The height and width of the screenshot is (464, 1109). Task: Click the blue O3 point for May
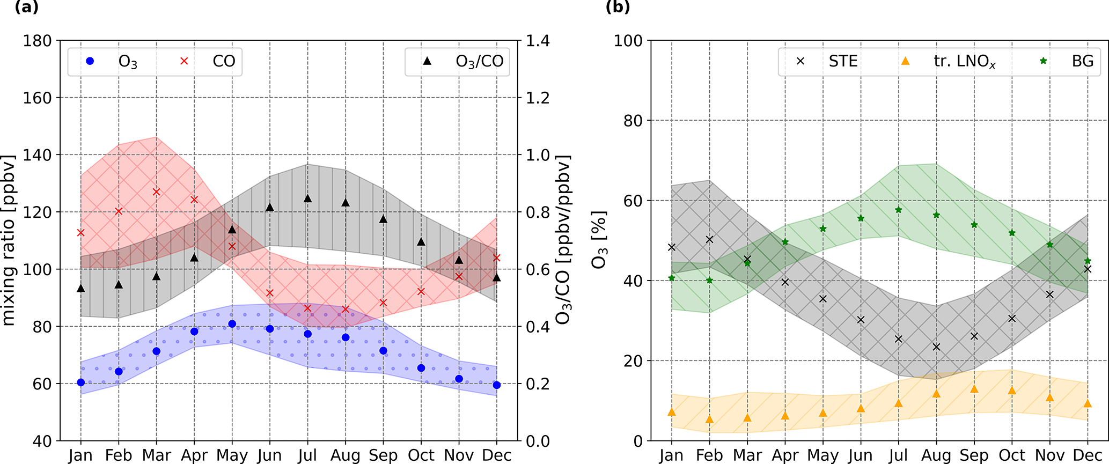232,324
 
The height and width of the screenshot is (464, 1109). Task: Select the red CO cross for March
157,192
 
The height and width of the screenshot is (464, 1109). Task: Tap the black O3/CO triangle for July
308,198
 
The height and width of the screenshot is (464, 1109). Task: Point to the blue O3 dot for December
497,385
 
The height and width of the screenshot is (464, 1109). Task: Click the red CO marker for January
81,233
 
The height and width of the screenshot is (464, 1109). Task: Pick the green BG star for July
899,210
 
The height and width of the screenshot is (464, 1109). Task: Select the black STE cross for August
937,347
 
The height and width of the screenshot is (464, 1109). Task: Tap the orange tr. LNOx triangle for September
974,389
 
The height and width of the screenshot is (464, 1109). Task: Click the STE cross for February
710,240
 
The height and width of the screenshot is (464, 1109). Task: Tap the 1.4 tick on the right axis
538,41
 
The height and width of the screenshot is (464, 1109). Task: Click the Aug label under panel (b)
937,455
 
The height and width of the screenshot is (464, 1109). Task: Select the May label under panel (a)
232,455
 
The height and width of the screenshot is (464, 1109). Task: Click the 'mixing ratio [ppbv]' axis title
9,240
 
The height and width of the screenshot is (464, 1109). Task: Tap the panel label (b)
618,7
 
